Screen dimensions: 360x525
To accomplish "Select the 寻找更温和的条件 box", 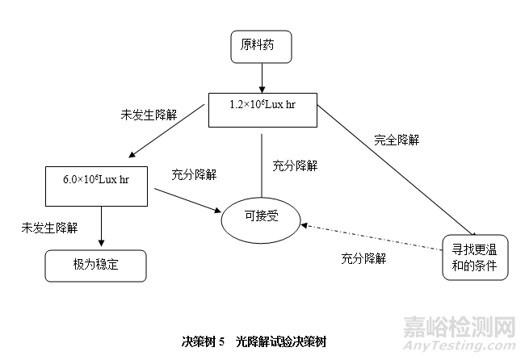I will tap(475, 257).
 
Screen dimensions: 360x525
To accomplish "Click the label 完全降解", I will tap(397, 140).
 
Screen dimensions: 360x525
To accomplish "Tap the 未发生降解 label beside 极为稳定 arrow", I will tap(49, 228).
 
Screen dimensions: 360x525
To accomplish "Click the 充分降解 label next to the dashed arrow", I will tap(363, 259).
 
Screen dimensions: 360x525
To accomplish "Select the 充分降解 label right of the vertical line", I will tap(295, 165).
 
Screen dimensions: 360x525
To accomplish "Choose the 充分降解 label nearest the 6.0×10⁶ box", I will tap(194, 174).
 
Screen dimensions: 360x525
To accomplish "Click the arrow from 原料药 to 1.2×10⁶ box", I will tap(262, 77).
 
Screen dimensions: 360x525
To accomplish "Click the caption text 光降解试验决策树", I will tap(283, 342).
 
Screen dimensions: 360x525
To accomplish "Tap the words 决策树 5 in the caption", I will tap(203, 342).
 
